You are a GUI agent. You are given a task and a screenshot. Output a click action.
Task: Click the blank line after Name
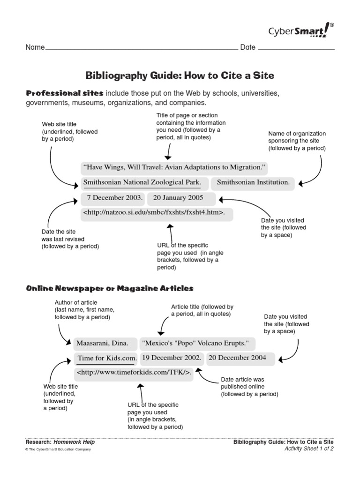(141, 48)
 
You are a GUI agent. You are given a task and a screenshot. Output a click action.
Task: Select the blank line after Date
(296, 48)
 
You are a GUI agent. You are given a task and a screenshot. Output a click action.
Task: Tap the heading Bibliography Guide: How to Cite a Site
(180, 75)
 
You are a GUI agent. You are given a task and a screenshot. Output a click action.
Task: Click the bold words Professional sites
(64, 93)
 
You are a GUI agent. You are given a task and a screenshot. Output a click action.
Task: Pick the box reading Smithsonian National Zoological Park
(142, 182)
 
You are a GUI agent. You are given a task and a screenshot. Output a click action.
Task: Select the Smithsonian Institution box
(253, 182)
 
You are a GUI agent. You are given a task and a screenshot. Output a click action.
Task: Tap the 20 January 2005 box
(181, 198)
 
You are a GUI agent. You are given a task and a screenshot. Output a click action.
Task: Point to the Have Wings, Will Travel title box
(174, 167)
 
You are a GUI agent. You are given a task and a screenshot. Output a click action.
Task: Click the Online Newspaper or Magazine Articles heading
(109, 288)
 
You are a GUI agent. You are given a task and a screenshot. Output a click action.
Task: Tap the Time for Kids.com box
(107, 358)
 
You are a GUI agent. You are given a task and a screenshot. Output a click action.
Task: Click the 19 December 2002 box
(172, 358)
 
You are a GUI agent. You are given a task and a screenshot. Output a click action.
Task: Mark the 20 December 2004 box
(237, 358)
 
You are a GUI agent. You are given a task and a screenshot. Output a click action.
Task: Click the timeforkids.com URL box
(134, 373)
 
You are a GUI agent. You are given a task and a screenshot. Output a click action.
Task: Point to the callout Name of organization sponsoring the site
(297, 141)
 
